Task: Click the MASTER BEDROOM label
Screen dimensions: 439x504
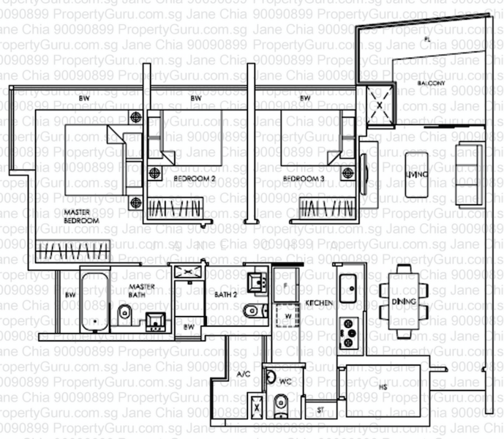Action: pyautogui.click(x=80, y=215)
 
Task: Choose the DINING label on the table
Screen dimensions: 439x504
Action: pyautogui.click(x=399, y=301)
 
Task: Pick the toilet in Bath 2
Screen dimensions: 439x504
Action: pyautogui.click(x=252, y=310)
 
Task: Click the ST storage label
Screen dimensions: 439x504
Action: pyautogui.click(x=320, y=410)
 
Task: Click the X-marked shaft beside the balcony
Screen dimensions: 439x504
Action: pyautogui.click(x=380, y=103)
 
